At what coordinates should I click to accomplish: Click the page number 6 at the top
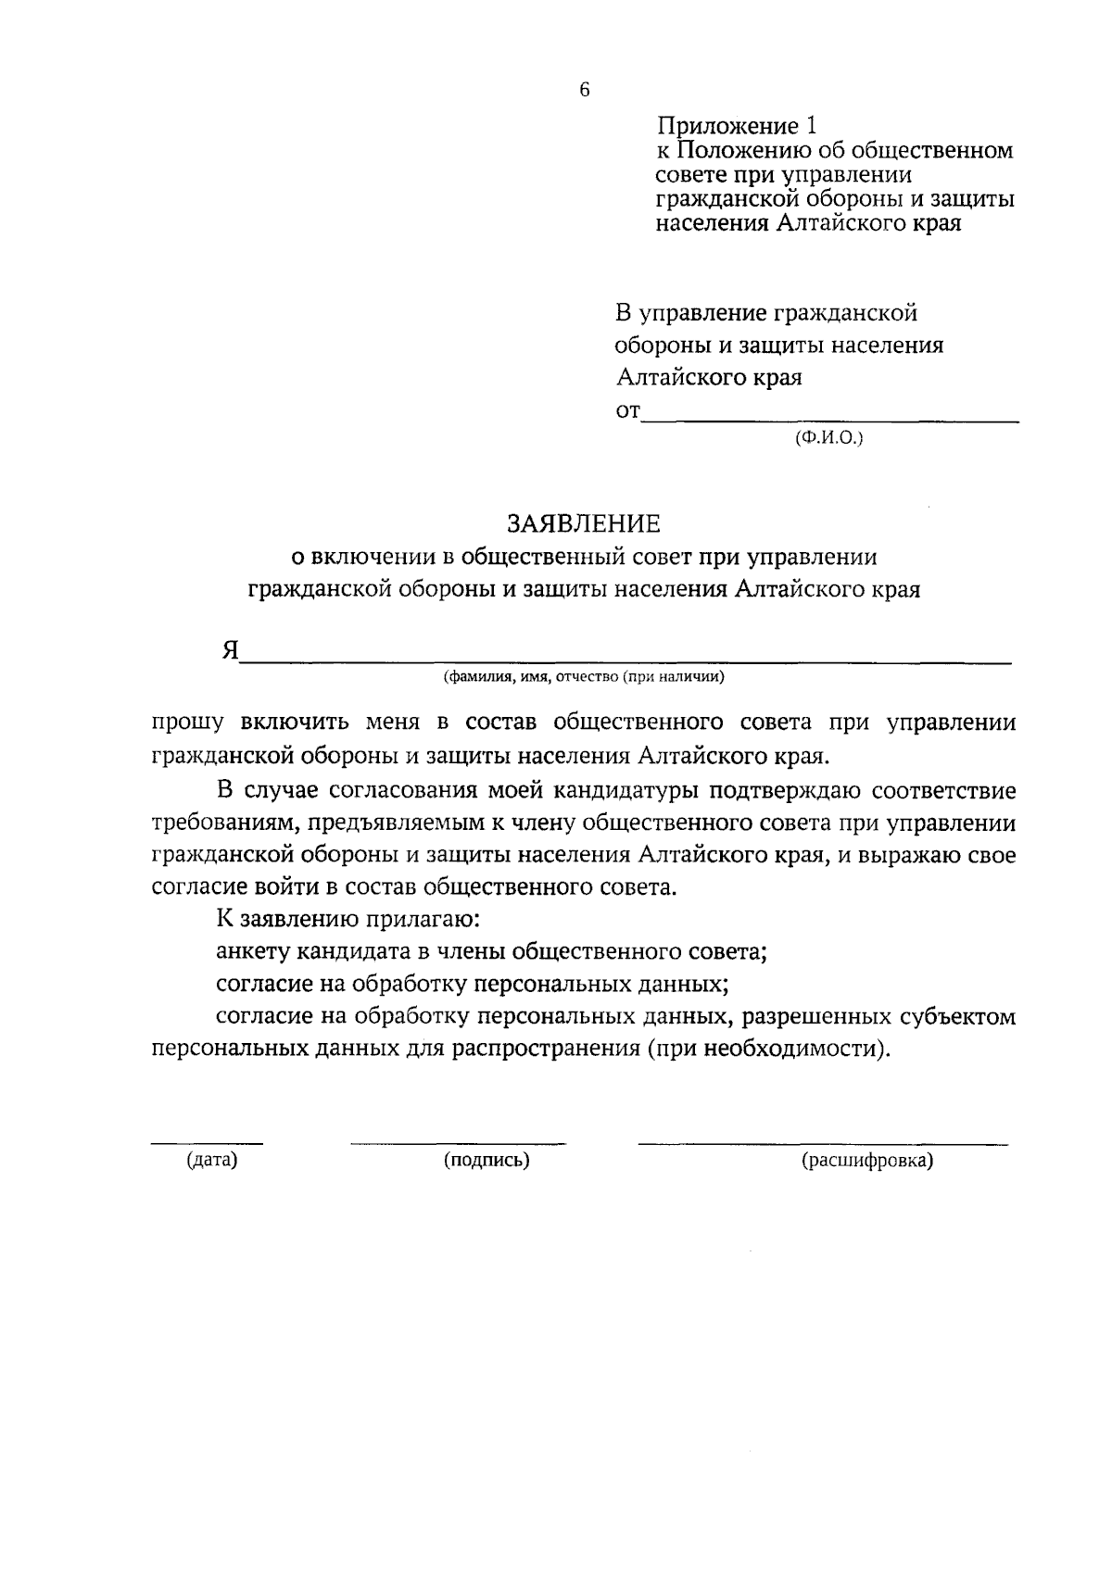[x=584, y=90]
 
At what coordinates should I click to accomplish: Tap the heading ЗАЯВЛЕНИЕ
[x=584, y=524]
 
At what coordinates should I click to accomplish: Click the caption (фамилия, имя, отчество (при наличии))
[x=584, y=677]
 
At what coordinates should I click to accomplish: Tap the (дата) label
[x=212, y=1160]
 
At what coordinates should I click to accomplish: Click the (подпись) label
[x=486, y=1160]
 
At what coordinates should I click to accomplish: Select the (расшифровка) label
[x=867, y=1160]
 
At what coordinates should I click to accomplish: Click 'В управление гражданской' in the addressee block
[x=766, y=313]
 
